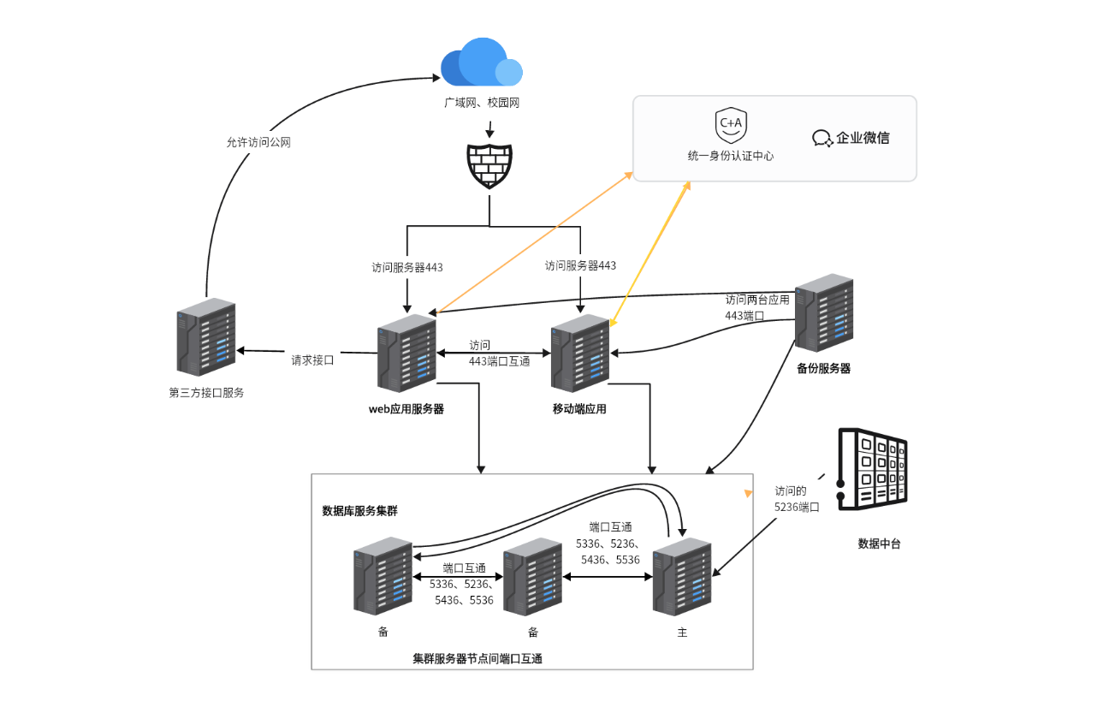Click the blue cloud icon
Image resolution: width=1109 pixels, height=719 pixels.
pos(482,62)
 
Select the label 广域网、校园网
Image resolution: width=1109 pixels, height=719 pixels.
pos(482,103)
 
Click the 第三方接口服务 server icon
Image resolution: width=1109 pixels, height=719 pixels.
pos(206,337)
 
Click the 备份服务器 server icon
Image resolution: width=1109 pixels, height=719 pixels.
pos(824,313)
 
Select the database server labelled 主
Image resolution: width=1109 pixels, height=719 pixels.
pos(682,577)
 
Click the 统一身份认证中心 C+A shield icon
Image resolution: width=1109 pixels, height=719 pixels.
pos(731,126)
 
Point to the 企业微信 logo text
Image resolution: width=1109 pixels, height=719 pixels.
pos(851,138)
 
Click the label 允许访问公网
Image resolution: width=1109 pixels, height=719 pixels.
pos(258,143)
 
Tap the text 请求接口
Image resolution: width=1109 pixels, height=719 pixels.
pos(312,360)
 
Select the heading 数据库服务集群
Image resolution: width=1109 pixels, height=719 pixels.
pos(359,511)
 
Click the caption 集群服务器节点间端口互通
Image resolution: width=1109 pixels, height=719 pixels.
pos(477,659)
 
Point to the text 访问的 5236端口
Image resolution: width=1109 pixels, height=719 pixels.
pos(797,499)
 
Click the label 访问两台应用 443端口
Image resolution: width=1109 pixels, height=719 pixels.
pos(757,307)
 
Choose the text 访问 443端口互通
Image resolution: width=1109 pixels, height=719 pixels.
pos(499,353)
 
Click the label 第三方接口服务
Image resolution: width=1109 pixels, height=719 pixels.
pos(206,393)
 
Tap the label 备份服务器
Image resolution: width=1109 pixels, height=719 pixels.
pos(823,369)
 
